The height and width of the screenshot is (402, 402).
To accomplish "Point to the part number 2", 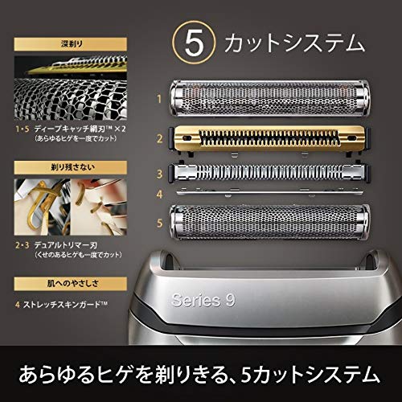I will pyautogui.click(x=159, y=138).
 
